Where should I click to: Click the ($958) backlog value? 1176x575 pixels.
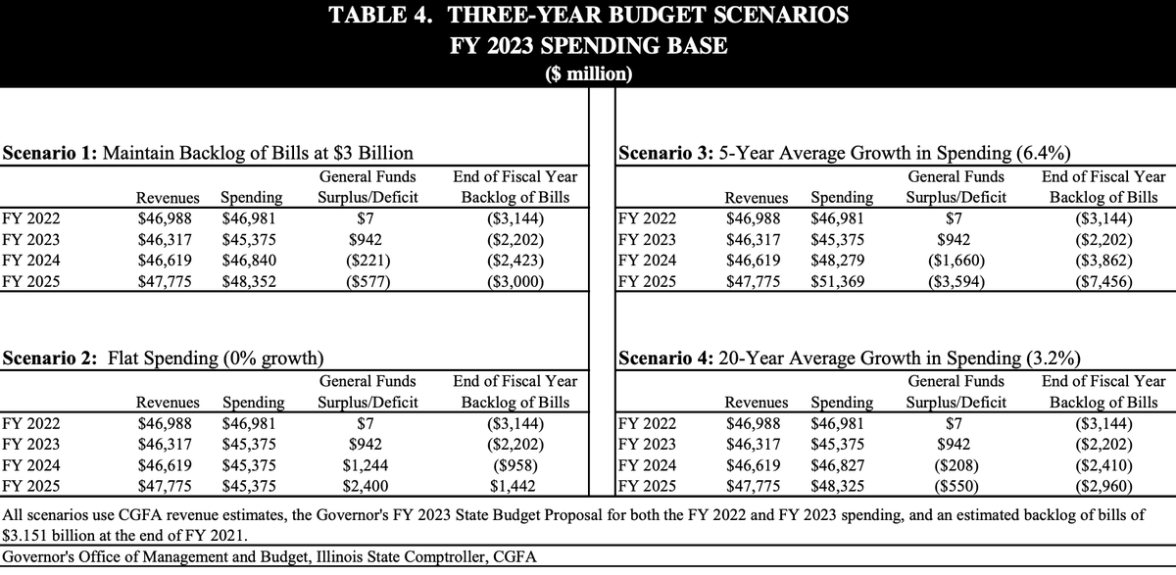pyautogui.click(x=514, y=465)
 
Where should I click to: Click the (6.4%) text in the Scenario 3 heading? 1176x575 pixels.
pyautogui.click(x=1042, y=153)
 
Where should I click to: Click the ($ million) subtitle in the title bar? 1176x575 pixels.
pyautogui.click(x=588, y=73)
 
